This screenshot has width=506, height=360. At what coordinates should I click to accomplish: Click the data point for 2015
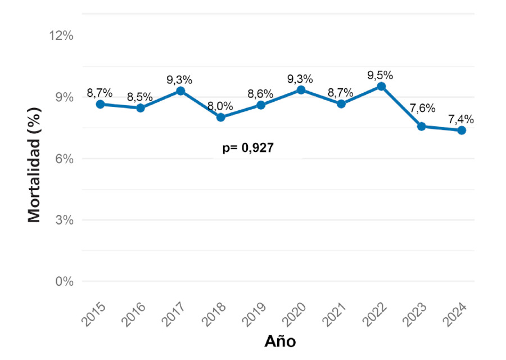[x=100, y=104]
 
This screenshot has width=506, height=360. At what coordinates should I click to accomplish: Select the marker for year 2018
[x=220, y=117]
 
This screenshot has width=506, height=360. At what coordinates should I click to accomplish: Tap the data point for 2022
[x=381, y=87]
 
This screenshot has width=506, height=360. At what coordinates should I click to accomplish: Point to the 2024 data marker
[x=462, y=130]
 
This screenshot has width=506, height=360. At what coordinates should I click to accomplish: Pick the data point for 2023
[x=422, y=126]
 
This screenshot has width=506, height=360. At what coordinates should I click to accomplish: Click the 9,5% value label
[x=381, y=75]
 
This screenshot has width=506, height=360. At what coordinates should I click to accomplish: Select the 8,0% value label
[x=220, y=105]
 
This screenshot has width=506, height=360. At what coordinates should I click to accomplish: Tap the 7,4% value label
[x=461, y=119]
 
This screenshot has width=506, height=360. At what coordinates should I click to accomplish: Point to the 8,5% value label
[x=140, y=96]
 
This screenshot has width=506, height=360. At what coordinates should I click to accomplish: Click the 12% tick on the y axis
[x=61, y=36]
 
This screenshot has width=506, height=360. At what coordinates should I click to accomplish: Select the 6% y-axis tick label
[x=64, y=159]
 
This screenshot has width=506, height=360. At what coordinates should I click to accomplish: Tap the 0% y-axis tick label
[x=64, y=281]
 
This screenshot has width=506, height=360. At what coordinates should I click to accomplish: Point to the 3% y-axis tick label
[x=64, y=220]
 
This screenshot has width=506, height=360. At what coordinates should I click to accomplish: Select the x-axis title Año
[x=280, y=341]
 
